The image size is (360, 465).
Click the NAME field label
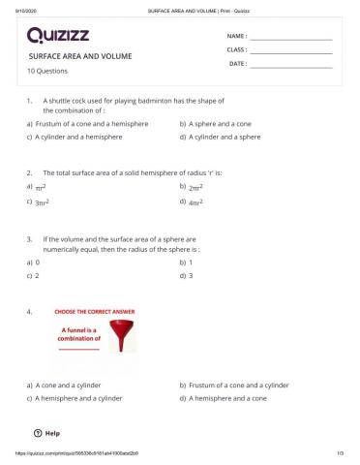pos(236,35)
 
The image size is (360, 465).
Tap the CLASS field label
pos(236,48)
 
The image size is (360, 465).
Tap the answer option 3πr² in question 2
pos(42,202)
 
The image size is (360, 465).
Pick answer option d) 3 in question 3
pos(191,275)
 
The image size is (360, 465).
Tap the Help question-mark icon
pos(37,433)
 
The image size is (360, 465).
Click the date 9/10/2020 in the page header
pos(16,5)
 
